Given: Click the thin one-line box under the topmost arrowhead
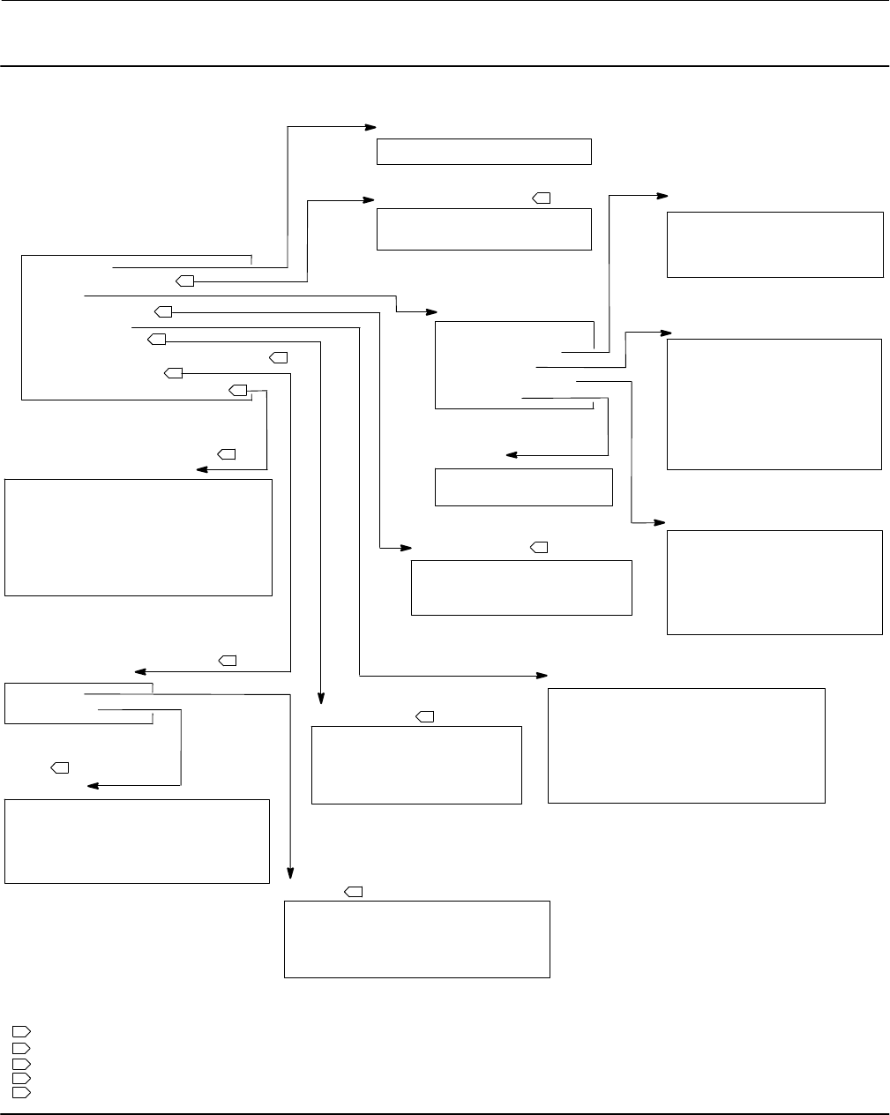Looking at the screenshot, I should tap(483, 151).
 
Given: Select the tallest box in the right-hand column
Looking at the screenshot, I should tap(774, 404).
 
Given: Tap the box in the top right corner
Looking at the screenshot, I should tap(774, 244).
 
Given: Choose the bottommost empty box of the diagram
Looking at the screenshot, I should tap(416, 939).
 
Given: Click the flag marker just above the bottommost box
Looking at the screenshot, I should tap(354, 893).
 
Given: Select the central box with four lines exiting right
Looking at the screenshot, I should tap(514, 365).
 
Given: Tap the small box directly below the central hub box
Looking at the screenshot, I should tap(523, 487).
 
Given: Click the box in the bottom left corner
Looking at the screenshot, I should tap(137, 841).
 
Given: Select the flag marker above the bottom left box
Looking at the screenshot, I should tap(60, 768).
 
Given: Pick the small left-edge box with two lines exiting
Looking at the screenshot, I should tap(79, 702).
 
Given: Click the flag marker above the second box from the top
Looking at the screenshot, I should tap(542, 198).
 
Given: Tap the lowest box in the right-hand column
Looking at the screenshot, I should tap(774, 581).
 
